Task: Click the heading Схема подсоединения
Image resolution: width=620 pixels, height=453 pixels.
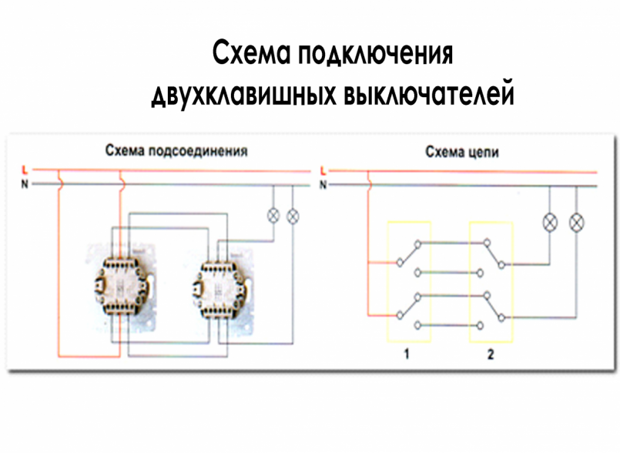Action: pos(176,151)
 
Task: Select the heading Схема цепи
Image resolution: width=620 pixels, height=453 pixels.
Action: pos(462,152)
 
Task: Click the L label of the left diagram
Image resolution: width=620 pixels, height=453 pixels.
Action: pos(25,169)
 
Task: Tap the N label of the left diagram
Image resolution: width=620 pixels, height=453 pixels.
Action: pos(25,184)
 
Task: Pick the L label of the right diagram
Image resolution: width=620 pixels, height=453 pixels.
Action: pos(323,169)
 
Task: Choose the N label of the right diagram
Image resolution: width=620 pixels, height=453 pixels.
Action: pos(323,184)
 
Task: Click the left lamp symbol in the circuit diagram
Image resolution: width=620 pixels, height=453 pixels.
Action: pos(550,222)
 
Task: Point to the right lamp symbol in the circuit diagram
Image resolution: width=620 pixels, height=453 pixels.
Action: pos(575,222)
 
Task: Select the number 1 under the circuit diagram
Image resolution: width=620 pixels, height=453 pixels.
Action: pos(406,355)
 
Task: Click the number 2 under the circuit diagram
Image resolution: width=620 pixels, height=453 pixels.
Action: pos(491,355)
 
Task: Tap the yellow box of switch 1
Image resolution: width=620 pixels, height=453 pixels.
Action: pos(408,280)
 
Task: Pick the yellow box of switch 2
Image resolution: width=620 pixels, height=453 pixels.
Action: pos(491,280)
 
